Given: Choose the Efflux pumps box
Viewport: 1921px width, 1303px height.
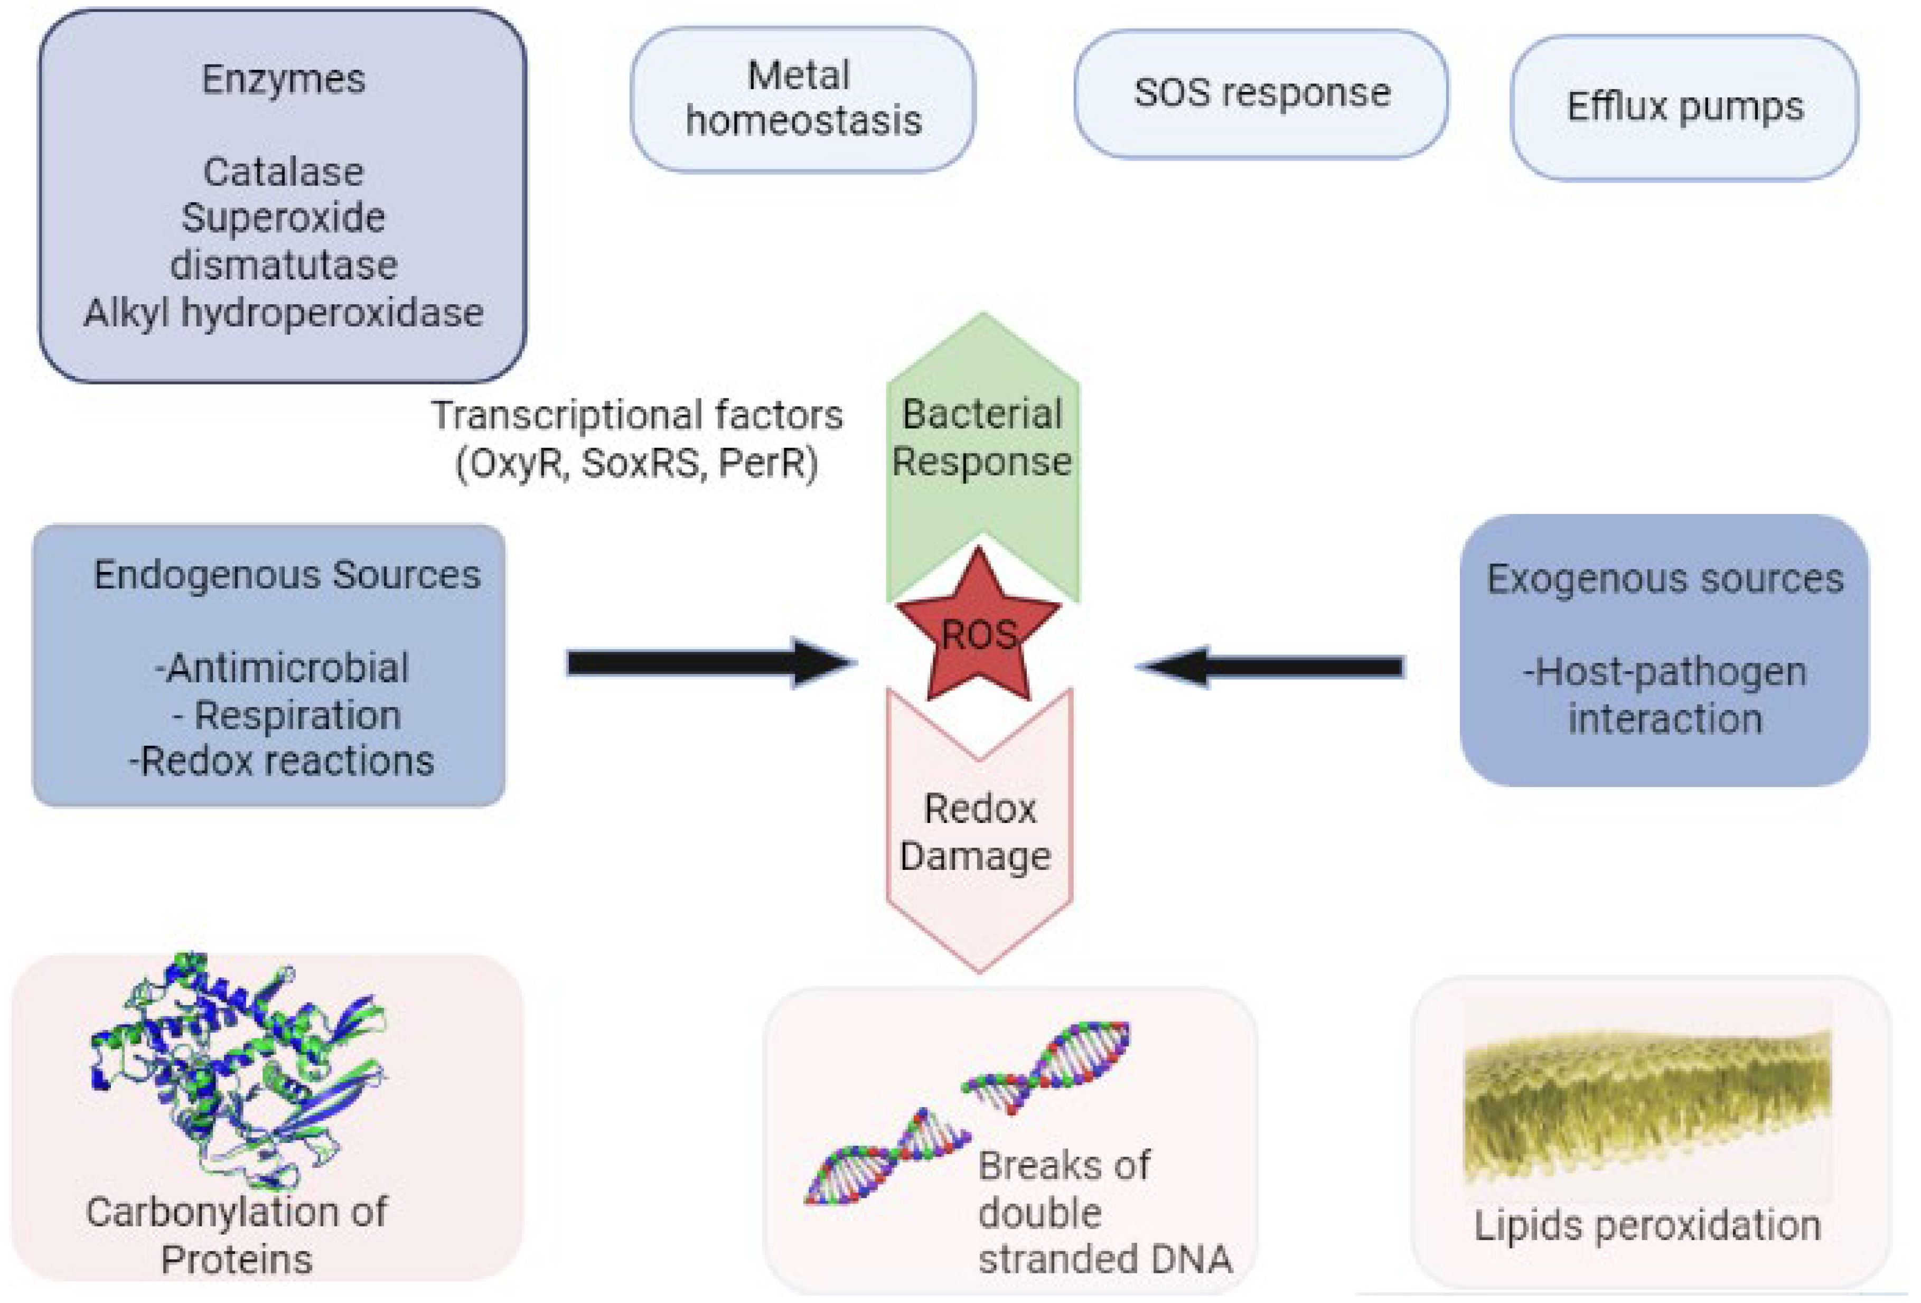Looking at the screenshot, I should [x=1684, y=107].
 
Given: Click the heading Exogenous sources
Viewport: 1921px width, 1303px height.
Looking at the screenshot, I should [x=1664, y=579].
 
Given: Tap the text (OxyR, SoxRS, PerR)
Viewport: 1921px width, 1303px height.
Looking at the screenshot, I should [x=636, y=463].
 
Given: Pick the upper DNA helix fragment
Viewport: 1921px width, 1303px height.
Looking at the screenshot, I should [x=1046, y=1066].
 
